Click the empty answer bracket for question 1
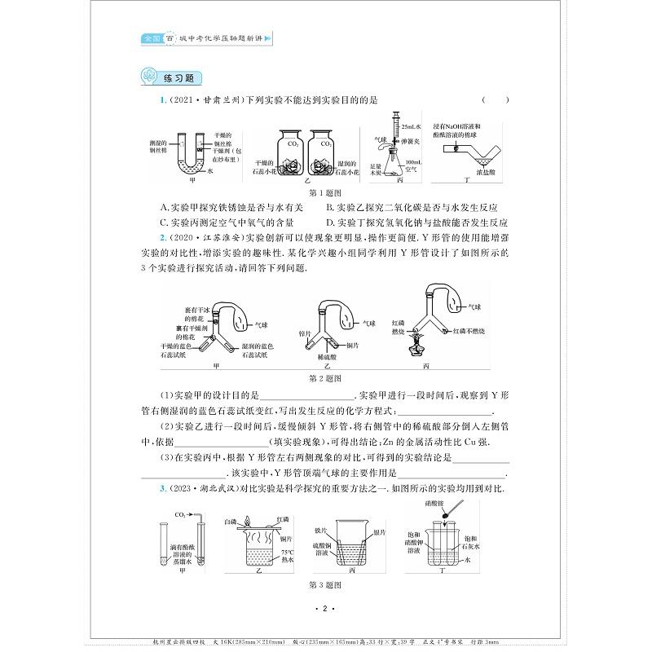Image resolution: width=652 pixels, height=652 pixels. (496, 100)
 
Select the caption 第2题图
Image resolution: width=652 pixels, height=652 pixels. (326, 379)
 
